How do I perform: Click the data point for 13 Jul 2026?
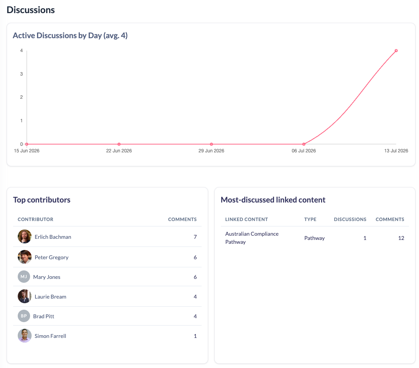tap(396, 51)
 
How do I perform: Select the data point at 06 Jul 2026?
tap(304, 144)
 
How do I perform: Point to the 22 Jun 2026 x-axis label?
tap(119, 151)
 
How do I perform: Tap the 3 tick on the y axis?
tap(21, 74)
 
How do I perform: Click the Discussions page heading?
tap(31, 10)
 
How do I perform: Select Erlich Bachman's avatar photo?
tap(25, 236)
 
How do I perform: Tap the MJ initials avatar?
tap(24, 277)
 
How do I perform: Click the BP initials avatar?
tap(24, 316)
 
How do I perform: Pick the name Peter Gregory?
tap(52, 257)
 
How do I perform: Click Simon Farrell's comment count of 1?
tap(195, 336)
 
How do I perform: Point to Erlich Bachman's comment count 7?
tap(195, 237)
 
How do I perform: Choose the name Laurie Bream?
tap(50, 297)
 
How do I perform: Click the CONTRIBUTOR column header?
tap(35, 219)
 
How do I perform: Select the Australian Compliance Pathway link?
tap(252, 238)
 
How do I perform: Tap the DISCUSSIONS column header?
tap(350, 219)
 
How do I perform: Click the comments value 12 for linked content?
tap(401, 238)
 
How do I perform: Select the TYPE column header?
tap(310, 219)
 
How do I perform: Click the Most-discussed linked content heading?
tap(273, 200)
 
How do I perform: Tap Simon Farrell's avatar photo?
tap(25, 336)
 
